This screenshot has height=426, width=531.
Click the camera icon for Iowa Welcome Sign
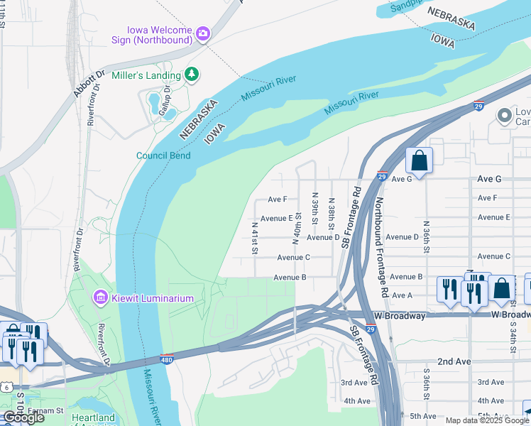tap(203, 33)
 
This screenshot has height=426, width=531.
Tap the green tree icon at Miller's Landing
tap(191, 75)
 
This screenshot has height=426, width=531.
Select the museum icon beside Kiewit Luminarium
tap(100, 297)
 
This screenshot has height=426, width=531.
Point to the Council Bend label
tap(163, 155)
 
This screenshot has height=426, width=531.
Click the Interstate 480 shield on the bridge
tap(167, 359)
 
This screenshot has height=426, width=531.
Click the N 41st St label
tap(254, 238)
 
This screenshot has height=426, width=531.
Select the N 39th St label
tap(314, 206)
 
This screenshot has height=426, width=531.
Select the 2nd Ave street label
tap(454, 361)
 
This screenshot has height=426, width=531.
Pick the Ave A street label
tap(402, 295)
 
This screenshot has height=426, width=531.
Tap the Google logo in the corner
tap(24, 417)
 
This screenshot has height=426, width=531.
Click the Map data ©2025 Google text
tap(487, 420)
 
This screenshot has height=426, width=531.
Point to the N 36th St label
tap(425, 235)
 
